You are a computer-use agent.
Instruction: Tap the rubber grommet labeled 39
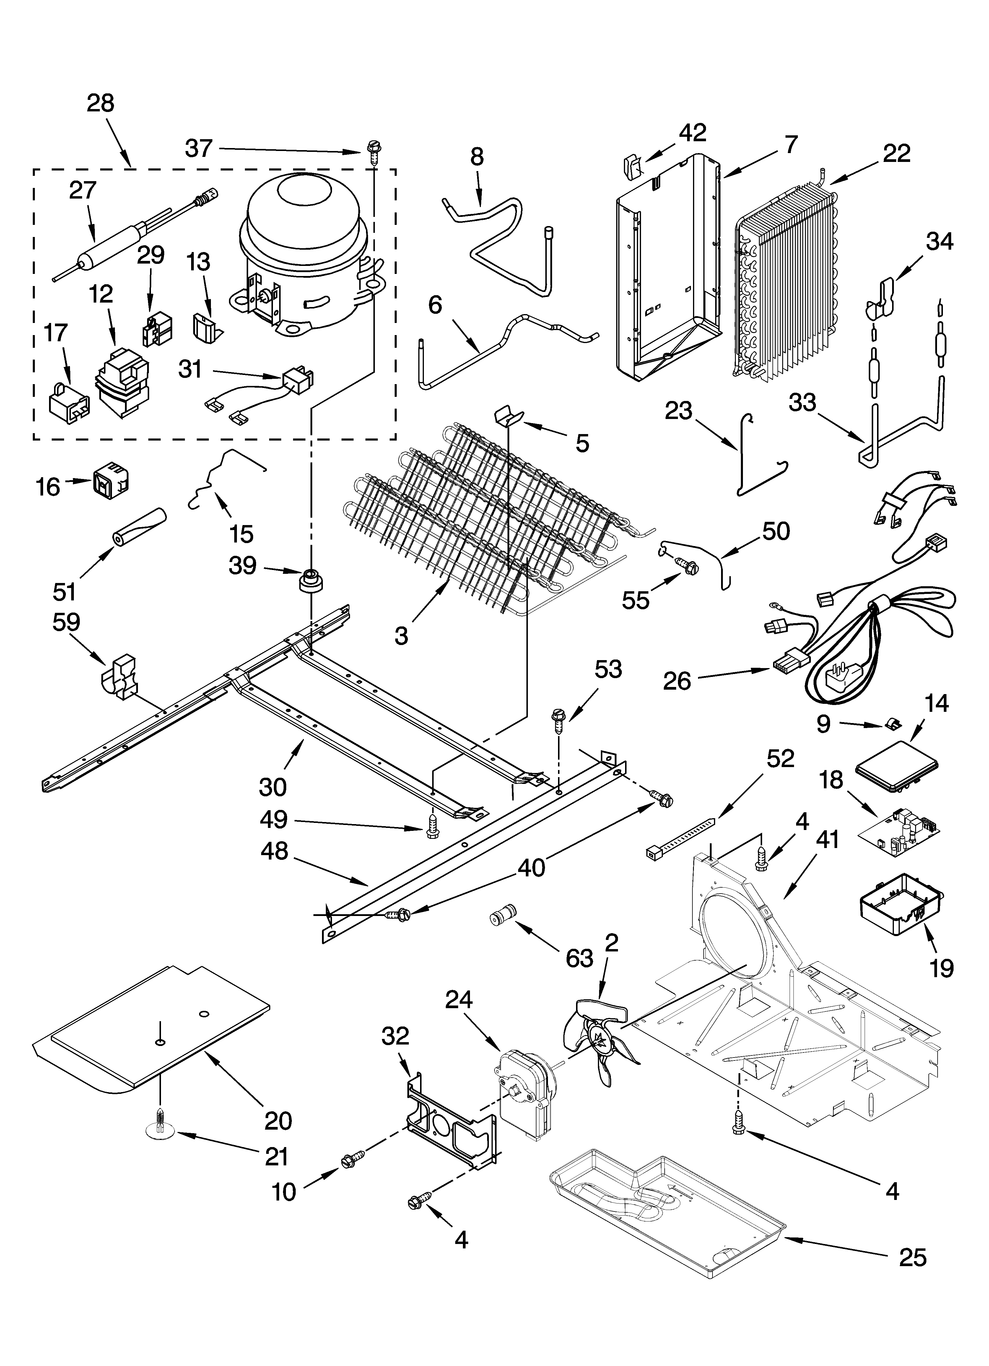click(x=311, y=581)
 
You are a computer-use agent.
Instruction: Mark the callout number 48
click(x=274, y=851)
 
